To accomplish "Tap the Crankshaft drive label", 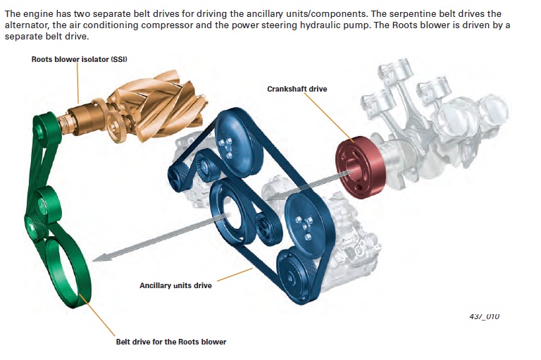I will click(x=297, y=89).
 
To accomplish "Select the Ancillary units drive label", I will click(x=175, y=285).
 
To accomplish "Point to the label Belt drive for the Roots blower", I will click(x=171, y=342).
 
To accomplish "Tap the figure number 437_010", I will click(x=484, y=317).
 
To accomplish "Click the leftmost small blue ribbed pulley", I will click(x=176, y=176).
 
